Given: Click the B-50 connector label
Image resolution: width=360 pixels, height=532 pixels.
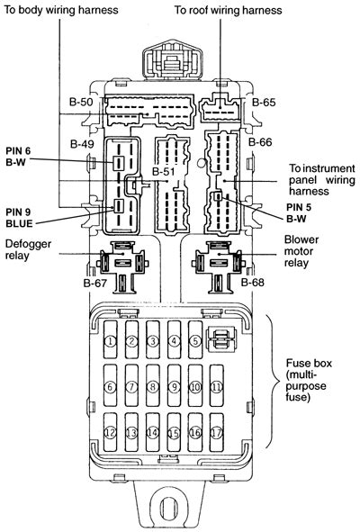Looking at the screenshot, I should point(81,102).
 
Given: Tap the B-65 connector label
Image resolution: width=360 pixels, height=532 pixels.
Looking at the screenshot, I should point(263,102).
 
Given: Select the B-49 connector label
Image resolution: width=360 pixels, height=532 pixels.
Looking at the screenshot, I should point(82,144).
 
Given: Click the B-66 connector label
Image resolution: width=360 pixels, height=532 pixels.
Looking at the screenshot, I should point(259,142).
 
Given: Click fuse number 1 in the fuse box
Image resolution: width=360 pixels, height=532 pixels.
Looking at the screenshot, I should point(109,341).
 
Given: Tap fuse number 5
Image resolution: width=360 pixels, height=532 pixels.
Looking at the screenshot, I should point(194,341).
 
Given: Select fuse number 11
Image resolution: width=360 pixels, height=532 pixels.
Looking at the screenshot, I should point(216,386).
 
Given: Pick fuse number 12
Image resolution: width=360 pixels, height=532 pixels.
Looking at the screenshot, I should point(109,432).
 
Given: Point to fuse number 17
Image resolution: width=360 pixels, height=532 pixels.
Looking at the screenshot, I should point(216,432).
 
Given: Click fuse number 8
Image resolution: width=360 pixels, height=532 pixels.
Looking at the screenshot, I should point(152,386).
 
